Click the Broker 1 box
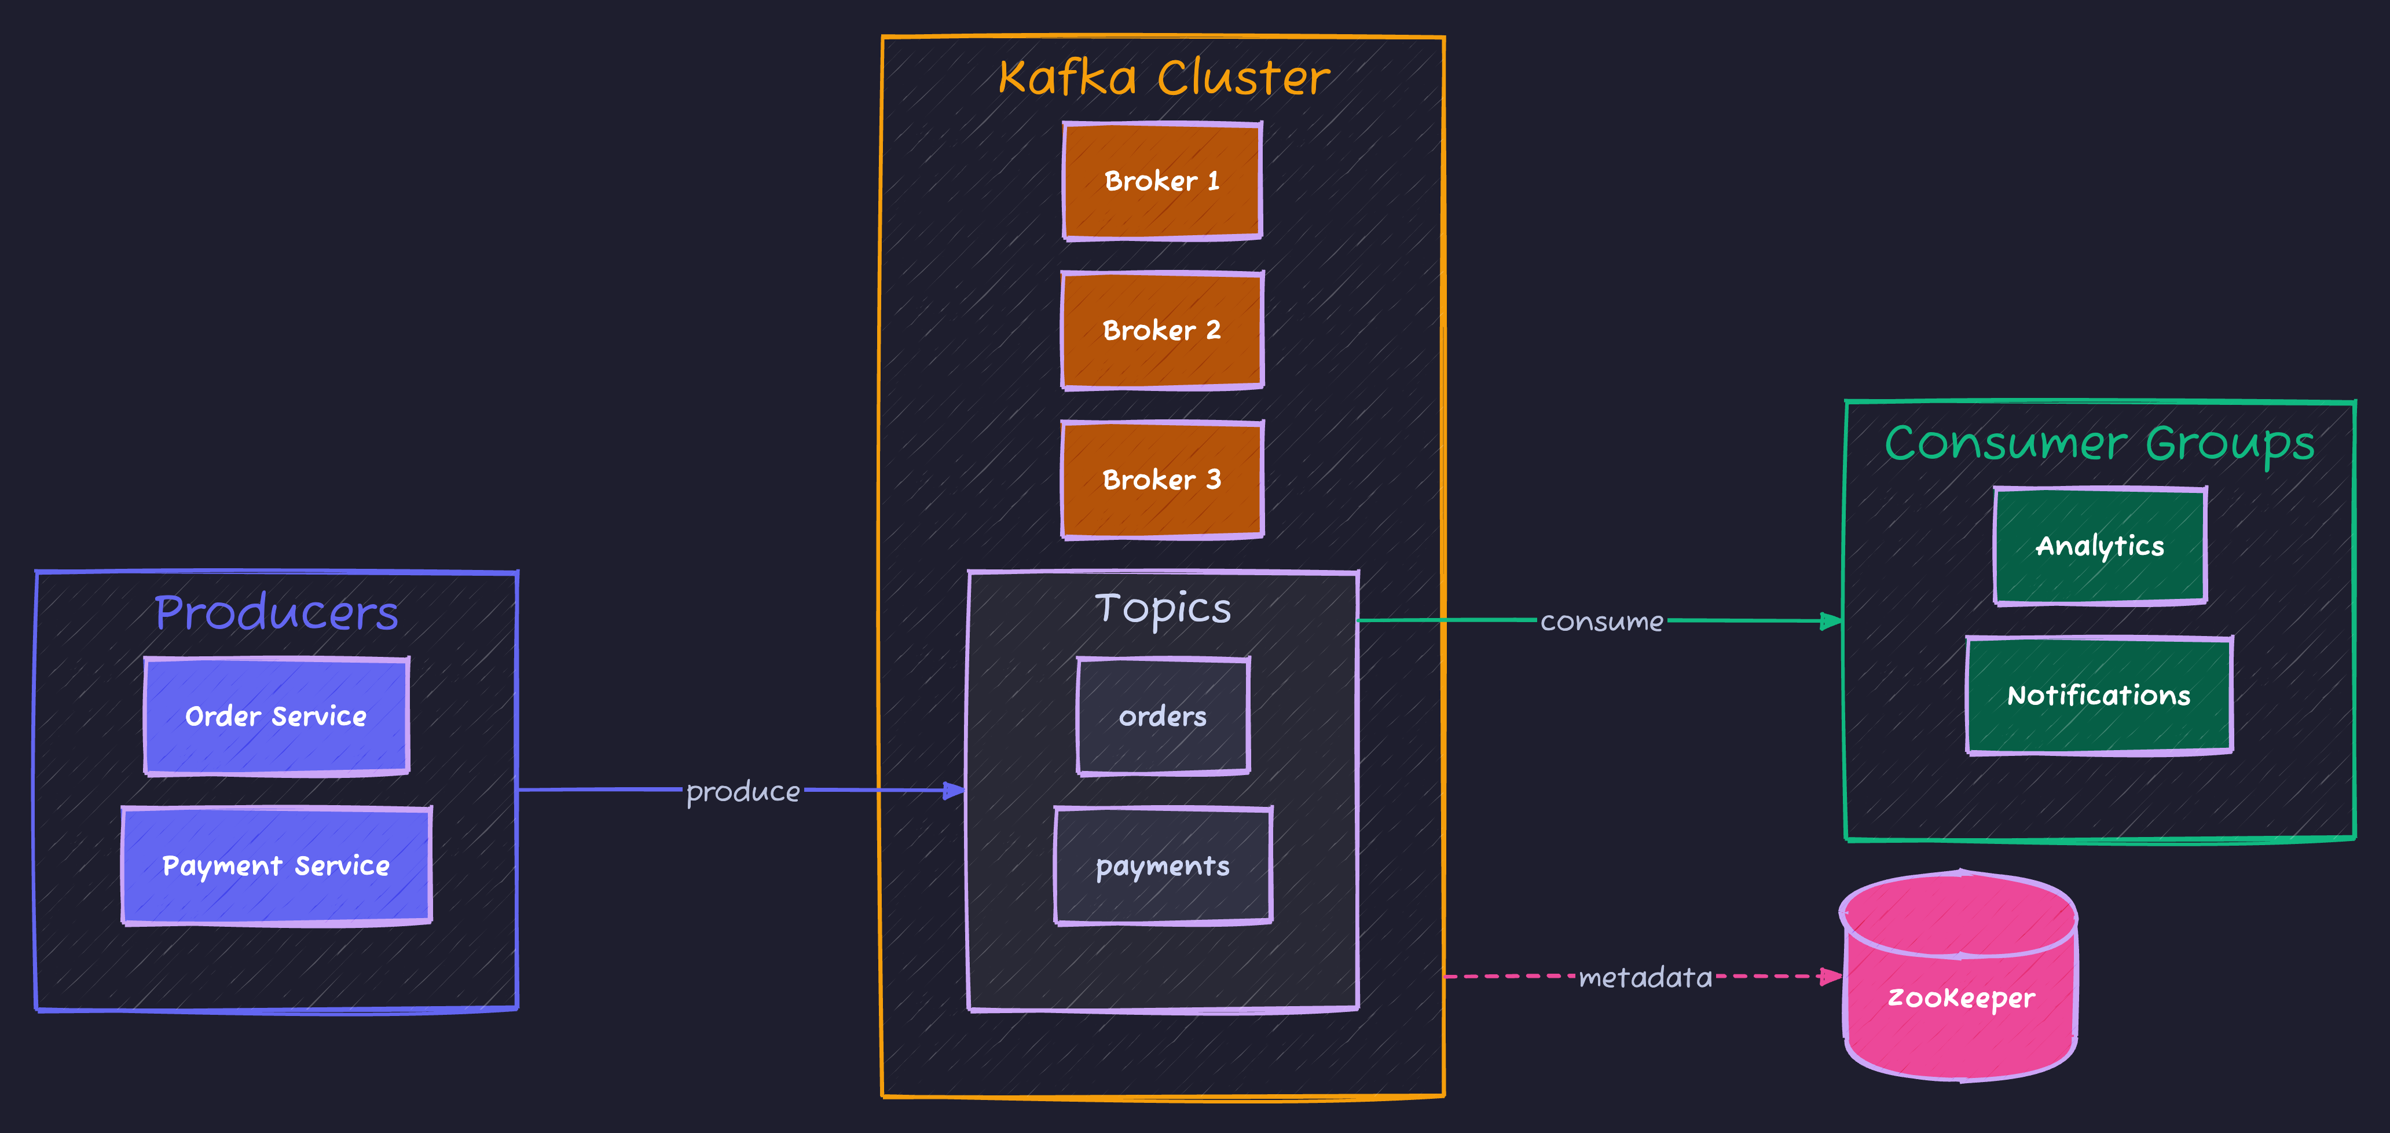click(1161, 181)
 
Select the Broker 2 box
click(1161, 330)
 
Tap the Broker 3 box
click(1161, 480)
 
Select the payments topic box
click(1163, 866)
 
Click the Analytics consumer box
click(2099, 546)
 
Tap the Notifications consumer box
click(2099, 695)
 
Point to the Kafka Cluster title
click(1164, 77)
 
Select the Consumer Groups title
click(2099, 443)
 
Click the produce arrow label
click(742, 791)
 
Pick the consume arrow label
click(1601, 622)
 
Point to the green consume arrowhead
click(1831, 621)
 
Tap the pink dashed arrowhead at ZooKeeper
click(1831, 976)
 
